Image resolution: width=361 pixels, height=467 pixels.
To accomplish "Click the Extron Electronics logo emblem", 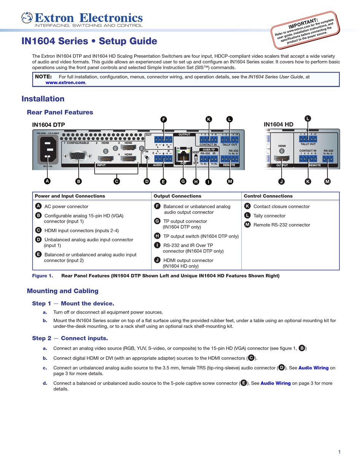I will pyautogui.click(x=27, y=17).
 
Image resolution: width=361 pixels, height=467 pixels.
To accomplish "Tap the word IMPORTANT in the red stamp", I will pyautogui.click(x=303, y=23).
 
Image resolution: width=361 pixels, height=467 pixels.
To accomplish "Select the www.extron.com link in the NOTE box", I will pyautogui.click(x=65, y=82).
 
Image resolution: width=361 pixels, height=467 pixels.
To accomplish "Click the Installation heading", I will pyautogui.click(x=43, y=99).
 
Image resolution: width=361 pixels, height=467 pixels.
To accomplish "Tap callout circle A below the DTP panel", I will pyautogui.click(x=47, y=181).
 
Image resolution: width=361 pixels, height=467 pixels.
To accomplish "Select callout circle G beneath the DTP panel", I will pyautogui.click(x=183, y=181).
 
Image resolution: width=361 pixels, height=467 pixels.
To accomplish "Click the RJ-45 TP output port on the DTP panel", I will pyautogui.click(x=184, y=155).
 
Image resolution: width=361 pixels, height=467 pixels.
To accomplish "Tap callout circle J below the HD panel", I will pyautogui.click(x=282, y=182).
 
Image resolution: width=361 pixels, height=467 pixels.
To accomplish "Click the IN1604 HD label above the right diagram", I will pyautogui.click(x=279, y=124).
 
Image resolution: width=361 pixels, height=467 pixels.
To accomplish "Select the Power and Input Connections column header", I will pyautogui.click(x=70, y=196).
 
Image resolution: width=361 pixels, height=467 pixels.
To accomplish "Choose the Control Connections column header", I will pyautogui.click(x=268, y=196).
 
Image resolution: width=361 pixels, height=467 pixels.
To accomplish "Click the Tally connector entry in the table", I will pyautogui.click(x=269, y=216).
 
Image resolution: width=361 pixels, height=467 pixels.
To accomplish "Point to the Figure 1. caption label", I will pyautogui.click(x=43, y=276).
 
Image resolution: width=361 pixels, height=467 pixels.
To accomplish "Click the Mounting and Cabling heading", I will pyautogui.click(x=63, y=291).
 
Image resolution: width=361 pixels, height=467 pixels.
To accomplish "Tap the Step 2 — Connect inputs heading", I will pyautogui.click(x=70, y=338).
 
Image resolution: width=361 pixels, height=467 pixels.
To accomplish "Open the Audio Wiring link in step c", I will pyautogui.click(x=313, y=368).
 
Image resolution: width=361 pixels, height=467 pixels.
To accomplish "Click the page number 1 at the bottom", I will pyautogui.click(x=339, y=452).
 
